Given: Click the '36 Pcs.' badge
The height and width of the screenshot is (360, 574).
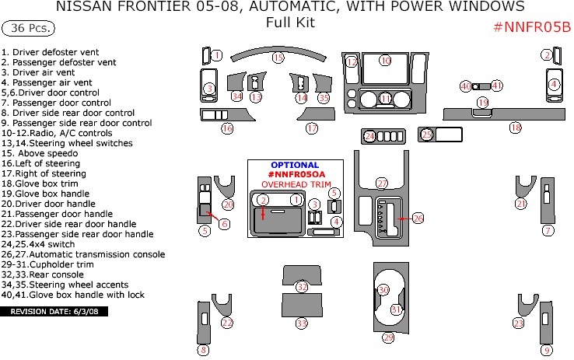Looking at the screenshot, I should (30, 28).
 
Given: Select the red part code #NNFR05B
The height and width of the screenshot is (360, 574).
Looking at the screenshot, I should (532, 27).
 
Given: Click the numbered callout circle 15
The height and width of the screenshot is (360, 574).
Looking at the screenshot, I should (278, 58).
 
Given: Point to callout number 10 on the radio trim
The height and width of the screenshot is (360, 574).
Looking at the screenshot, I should (385, 60).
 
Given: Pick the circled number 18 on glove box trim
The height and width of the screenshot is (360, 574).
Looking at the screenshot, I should (515, 128).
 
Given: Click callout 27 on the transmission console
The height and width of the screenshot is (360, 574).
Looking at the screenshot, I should (382, 183).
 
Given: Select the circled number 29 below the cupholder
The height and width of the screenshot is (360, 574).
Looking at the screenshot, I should (388, 337).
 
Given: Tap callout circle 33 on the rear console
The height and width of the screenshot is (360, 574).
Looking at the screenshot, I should (302, 322).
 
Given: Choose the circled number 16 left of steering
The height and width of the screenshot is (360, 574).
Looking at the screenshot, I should (227, 128).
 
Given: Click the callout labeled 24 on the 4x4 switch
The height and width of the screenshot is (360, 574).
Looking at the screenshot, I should (370, 136).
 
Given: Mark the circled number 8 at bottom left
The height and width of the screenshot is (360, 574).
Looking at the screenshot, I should (204, 350).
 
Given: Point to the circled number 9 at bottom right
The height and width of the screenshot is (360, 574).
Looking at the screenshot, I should (547, 350).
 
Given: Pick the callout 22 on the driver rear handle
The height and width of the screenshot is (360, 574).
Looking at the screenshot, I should (227, 323).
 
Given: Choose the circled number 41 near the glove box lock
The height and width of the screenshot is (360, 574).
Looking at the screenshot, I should (497, 86).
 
